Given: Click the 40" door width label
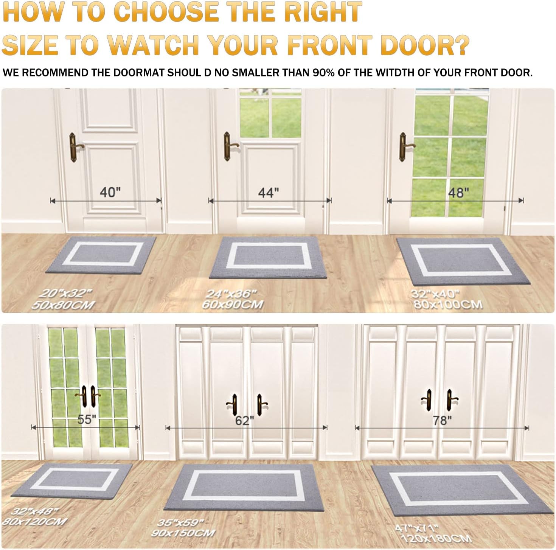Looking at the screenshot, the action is (x=110, y=192).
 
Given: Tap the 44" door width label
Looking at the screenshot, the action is (x=268, y=193).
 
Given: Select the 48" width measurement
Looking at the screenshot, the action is (x=458, y=193).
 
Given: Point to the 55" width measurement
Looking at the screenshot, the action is (x=87, y=419).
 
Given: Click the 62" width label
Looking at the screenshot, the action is (x=244, y=421).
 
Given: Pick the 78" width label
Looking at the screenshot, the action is (x=442, y=421).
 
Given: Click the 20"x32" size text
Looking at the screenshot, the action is (x=66, y=294).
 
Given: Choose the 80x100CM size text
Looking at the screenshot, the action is (x=448, y=305).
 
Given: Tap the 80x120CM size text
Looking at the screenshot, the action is (x=34, y=521).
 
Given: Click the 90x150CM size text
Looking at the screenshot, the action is (x=183, y=533).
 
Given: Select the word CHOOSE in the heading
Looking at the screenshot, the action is (x=167, y=12).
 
